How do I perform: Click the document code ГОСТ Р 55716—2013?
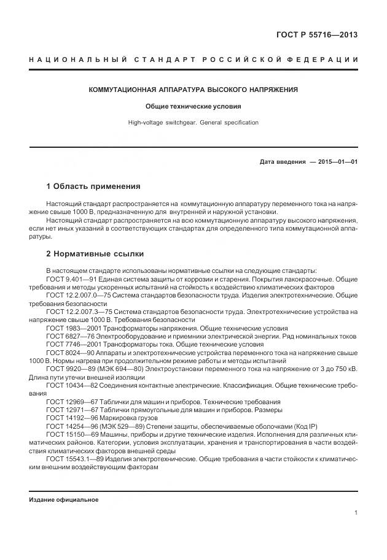315,35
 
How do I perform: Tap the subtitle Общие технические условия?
193,106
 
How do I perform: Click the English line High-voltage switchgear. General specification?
193,123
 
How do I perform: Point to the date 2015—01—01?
335,162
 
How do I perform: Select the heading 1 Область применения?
93,186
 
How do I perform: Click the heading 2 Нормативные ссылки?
95,253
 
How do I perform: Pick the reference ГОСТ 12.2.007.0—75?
76,295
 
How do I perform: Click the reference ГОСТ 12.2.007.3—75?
76,312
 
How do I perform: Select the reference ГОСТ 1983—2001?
71,328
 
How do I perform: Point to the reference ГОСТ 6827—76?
68,336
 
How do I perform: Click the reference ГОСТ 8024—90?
68,353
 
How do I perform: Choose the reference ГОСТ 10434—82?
70,385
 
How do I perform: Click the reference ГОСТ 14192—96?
70,418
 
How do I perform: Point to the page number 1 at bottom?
356,513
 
